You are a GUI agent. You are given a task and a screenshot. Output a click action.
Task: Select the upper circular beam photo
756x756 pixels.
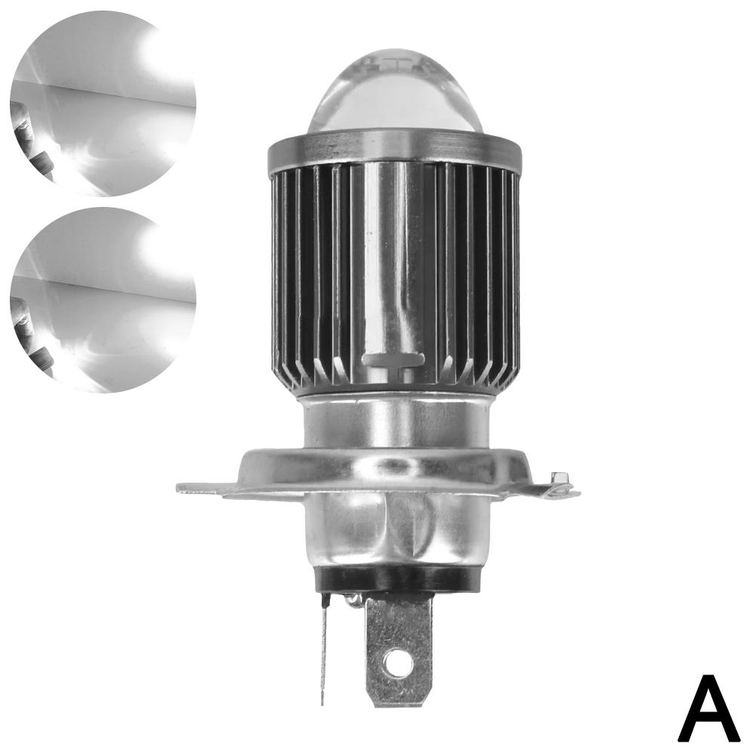point(103,103)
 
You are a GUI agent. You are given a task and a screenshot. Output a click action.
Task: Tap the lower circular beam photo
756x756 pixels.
point(103,300)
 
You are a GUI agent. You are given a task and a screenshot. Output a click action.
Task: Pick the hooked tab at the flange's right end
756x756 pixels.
point(560,483)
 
